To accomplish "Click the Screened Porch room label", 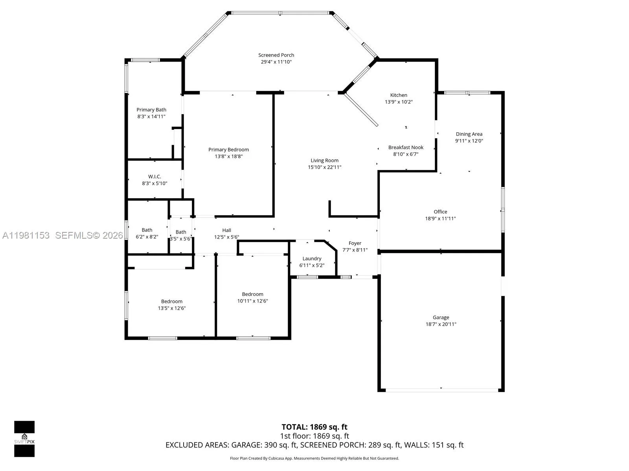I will pos(276,55).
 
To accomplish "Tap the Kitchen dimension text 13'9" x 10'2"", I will pos(398,102).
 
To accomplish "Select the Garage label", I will pos(441,318).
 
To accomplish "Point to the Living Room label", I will pos(324,161).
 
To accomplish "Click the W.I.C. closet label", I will pos(154,177).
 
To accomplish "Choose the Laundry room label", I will pos(312,259).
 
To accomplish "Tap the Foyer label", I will pos(355,243).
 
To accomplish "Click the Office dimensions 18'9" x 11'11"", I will pos(440,219).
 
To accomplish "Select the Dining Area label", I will pos(469,134).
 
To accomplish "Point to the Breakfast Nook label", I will pos(406,148).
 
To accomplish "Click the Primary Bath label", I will pos(151,110).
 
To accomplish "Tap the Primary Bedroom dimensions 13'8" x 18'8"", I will pos(228,156).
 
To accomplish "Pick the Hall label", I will pos(226,230).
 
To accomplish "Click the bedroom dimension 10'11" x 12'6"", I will pos(252,301).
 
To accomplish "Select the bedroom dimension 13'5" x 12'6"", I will pos(171,308).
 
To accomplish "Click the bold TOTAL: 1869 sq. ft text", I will pos(314,427).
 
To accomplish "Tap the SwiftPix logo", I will pos(24,439).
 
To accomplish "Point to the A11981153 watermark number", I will pos(26,235).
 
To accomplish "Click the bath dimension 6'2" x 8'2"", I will pos(147,237).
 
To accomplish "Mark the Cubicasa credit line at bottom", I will pos(314,458).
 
